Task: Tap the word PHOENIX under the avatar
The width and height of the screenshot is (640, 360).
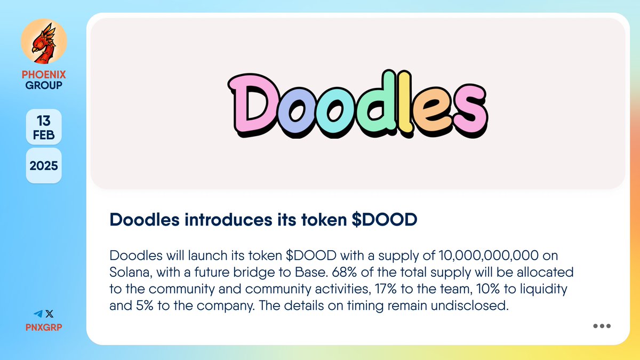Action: pos(44,75)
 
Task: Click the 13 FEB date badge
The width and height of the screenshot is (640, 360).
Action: pos(44,127)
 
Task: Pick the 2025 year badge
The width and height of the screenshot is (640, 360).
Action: pos(44,165)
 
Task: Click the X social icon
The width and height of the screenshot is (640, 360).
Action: pos(50,315)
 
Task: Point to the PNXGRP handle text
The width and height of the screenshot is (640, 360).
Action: pos(44,327)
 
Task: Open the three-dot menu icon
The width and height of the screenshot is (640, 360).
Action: pos(602,326)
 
